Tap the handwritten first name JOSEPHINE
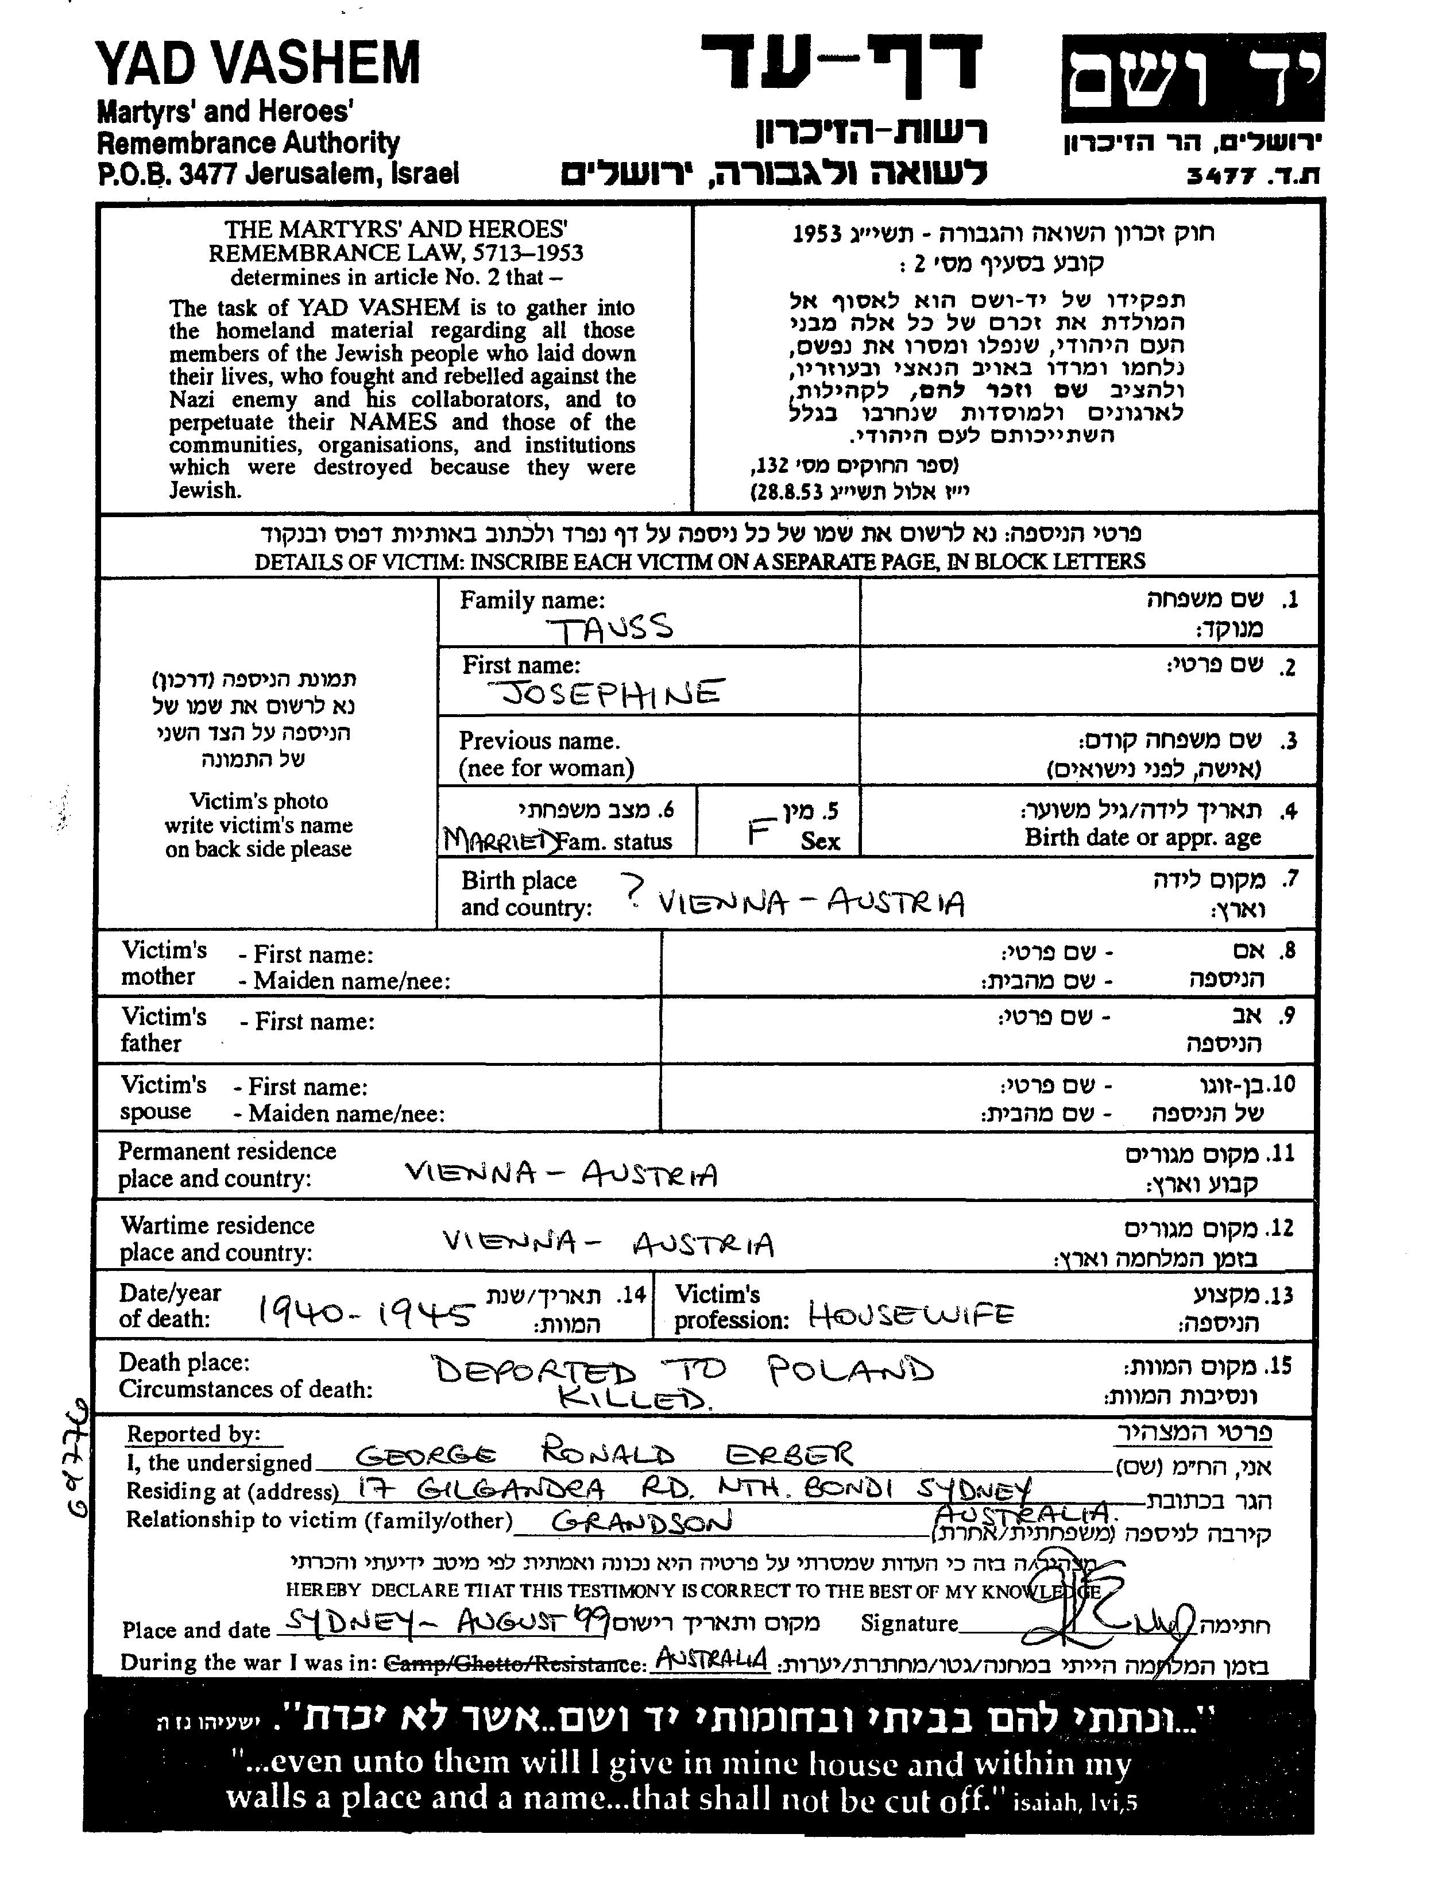point(612,693)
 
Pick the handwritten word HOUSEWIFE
point(910,1315)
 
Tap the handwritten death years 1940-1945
point(366,1313)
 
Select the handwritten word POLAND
point(850,1369)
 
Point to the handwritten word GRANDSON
point(641,1522)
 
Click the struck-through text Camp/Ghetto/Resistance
point(514,1663)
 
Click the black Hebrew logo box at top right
point(1192,79)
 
